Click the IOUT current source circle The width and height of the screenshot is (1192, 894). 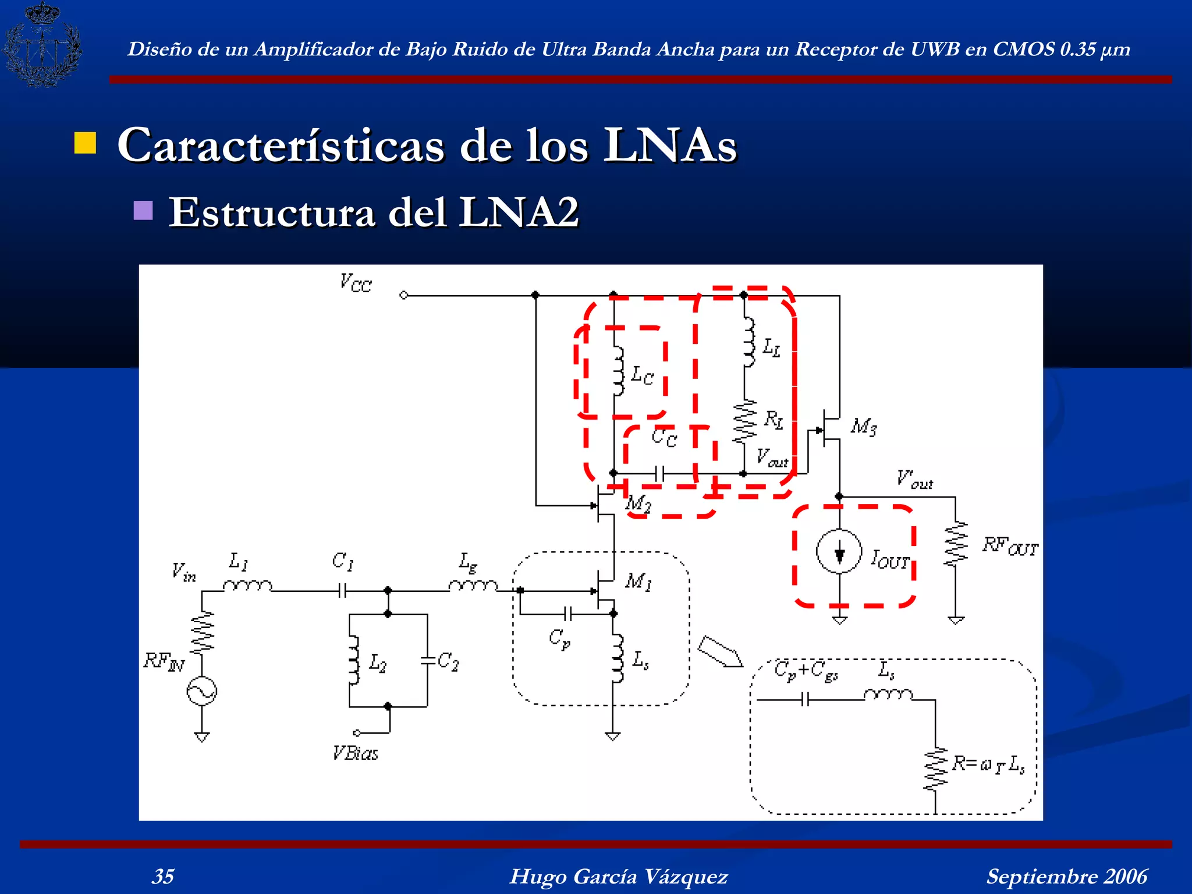[x=839, y=552]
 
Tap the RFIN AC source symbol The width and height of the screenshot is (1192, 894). [x=201, y=691]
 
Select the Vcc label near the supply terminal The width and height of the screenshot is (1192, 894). [x=356, y=283]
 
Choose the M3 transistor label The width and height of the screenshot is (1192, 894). [x=863, y=427]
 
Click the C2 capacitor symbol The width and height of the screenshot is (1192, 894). [x=428, y=661]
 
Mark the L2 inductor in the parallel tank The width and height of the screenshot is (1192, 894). [x=353, y=661]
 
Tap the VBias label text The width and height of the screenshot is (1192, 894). [x=355, y=754]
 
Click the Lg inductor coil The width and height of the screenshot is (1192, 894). [x=473, y=585]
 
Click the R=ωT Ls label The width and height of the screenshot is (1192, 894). [x=988, y=764]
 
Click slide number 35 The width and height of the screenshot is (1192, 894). [x=163, y=876]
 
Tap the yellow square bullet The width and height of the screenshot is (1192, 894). [x=85, y=143]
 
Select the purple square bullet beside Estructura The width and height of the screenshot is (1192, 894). [x=143, y=210]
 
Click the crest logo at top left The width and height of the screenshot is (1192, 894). [x=42, y=45]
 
